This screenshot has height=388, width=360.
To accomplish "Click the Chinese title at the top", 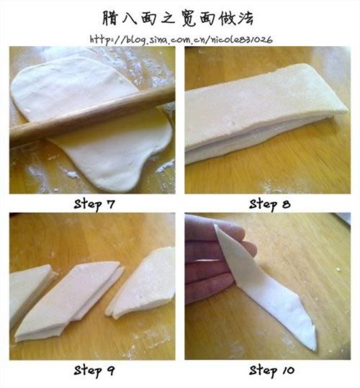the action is tap(178, 18).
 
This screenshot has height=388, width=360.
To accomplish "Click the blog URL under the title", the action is tap(181, 40).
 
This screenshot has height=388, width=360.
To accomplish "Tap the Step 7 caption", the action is tap(94, 204).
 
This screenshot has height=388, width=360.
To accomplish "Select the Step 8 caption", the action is tap(270, 204).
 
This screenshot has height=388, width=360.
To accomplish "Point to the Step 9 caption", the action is tap(94, 371).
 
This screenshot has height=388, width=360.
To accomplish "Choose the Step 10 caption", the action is tap(271, 371).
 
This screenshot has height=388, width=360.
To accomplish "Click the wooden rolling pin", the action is tap(92, 116).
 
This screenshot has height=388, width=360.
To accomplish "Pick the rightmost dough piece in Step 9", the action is tap(143, 284).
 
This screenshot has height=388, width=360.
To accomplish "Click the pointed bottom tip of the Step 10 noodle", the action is tap(315, 349).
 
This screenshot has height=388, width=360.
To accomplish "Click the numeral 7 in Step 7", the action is tap(110, 204).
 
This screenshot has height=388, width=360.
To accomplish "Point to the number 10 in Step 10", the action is tap(288, 371).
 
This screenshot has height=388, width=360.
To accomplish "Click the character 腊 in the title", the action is tap(110, 18).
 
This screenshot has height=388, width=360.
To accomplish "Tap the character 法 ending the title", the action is tap(246, 18).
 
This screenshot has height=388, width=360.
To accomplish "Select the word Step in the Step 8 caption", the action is tap(263, 205).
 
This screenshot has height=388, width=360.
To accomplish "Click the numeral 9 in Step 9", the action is tap(110, 371).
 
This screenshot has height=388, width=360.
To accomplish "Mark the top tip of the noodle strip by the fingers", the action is tap(216, 226).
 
